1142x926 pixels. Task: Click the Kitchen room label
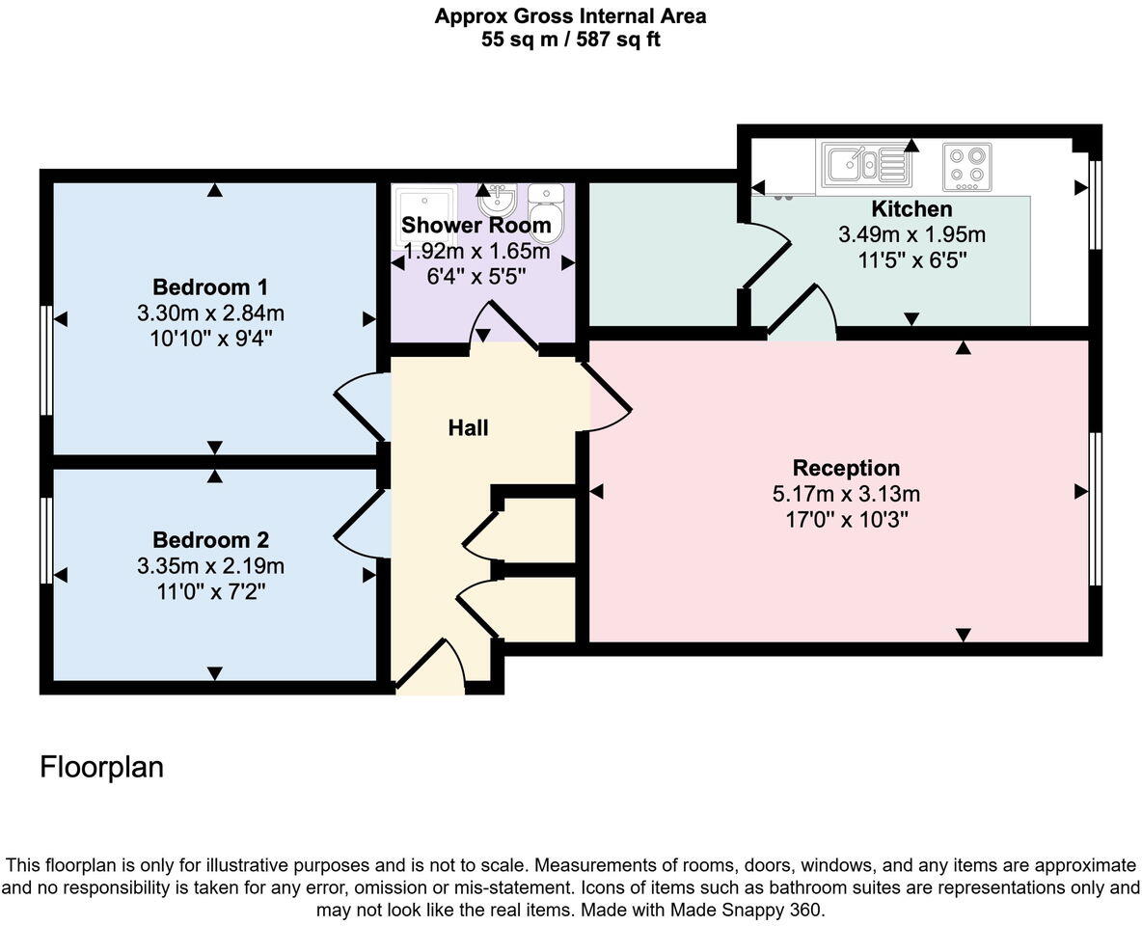pyautogui.click(x=911, y=209)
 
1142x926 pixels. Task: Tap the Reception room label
pyautogui.click(x=846, y=469)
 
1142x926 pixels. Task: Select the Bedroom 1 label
pyautogui.click(x=210, y=287)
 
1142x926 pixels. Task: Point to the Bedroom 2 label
pyautogui.click(x=210, y=540)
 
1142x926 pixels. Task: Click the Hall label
pyautogui.click(x=468, y=427)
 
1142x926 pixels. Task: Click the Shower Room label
pyautogui.click(x=476, y=226)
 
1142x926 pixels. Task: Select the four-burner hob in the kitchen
pyautogui.click(x=966, y=165)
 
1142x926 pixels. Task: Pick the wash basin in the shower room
pyautogui.click(x=498, y=201)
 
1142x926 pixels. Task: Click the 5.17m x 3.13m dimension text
pyautogui.click(x=846, y=495)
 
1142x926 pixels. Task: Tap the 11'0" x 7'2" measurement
pyautogui.click(x=210, y=591)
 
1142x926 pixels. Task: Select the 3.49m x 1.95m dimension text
pyautogui.click(x=911, y=234)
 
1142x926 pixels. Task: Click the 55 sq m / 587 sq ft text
pyautogui.click(x=570, y=40)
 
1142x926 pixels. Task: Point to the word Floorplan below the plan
pyautogui.click(x=101, y=768)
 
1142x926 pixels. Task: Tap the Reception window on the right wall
pyautogui.click(x=1095, y=508)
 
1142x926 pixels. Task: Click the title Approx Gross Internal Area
pyautogui.click(x=570, y=16)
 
